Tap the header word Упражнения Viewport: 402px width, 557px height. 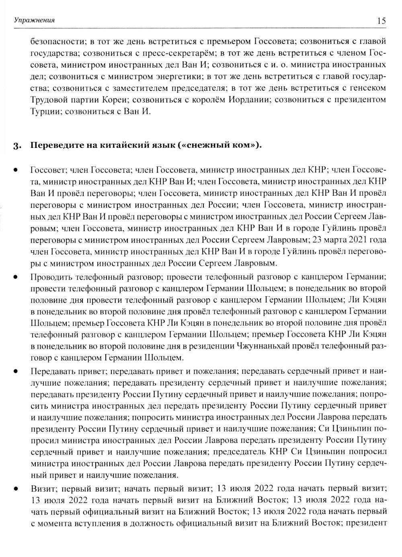(34, 20)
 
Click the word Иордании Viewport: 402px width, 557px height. (248, 99)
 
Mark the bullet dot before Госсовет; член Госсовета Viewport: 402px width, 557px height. (16, 170)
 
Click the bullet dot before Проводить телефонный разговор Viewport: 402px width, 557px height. (16, 277)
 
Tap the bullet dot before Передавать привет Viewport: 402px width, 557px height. (16, 372)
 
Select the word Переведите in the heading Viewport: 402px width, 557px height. (53, 145)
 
